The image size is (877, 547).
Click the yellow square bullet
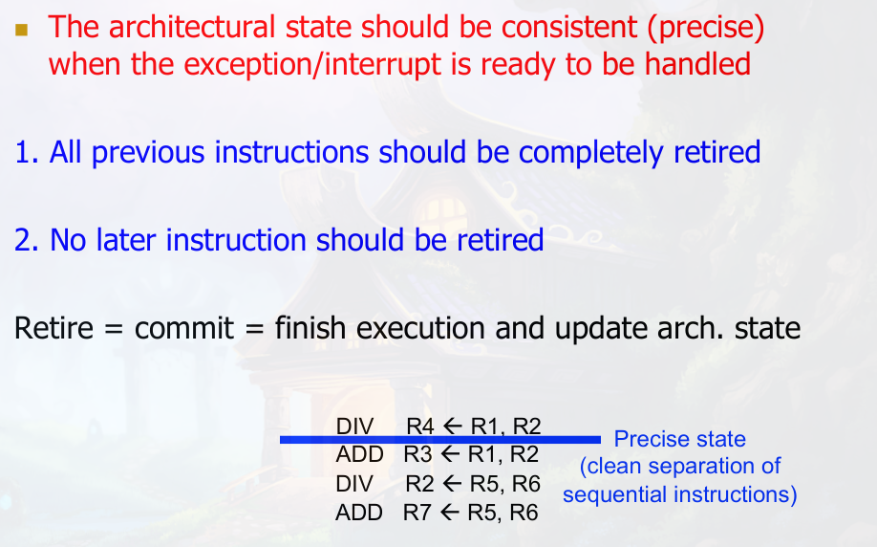(22, 29)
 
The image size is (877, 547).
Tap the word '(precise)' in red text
(706, 28)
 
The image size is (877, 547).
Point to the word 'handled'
(697, 63)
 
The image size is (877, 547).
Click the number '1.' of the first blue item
(27, 152)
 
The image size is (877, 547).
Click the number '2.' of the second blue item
(27, 240)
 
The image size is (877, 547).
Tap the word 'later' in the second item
(126, 240)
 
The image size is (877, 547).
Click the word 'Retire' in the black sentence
(53, 328)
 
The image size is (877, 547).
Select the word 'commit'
(184, 328)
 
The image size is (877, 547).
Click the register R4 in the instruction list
(420, 427)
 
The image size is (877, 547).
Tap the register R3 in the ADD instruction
(417, 454)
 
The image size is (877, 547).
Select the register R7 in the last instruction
(417, 513)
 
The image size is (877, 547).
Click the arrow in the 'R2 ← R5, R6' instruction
(452, 484)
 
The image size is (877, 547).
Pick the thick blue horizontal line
(440, 440)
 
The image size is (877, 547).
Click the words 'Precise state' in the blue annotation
(679, 439)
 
